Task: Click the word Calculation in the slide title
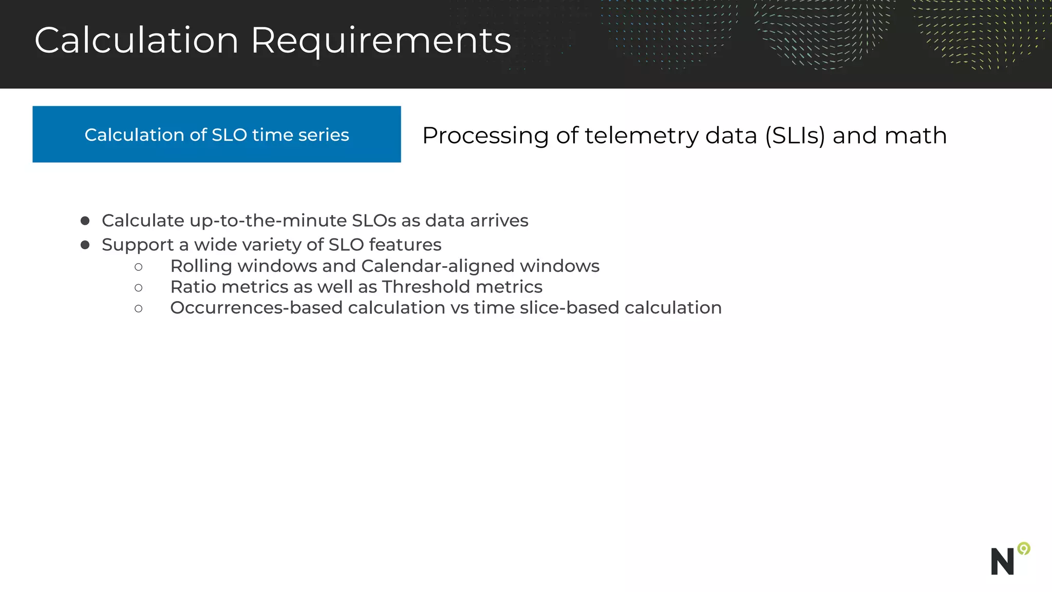point(137,40)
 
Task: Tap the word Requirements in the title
point(381,41)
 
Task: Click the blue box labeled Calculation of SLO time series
point(216,135)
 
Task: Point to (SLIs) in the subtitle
point(795,136)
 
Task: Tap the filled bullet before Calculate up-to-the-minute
point(85,221)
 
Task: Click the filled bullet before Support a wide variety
point(85,245)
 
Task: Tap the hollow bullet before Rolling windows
point(138,267)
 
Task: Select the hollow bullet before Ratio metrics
point(138,288)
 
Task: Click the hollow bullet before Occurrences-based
point(138,309)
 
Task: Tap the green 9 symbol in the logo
point(1024,549)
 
